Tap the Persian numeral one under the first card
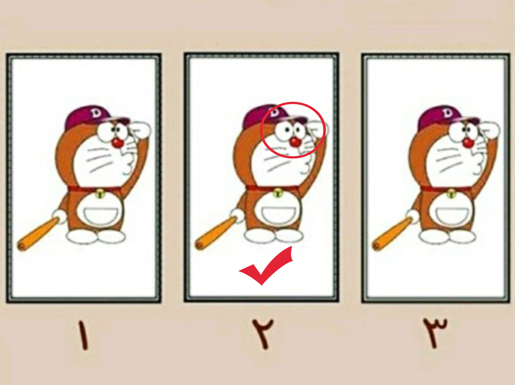pos(84,335)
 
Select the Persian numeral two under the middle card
pos(263,334)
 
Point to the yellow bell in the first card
pos(101,194)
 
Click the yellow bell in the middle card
pos(278,193)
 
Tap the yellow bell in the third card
pos(451,194)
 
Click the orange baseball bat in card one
pos(38,234)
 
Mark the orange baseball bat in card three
pos(392,234)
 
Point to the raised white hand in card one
pos(140,131)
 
